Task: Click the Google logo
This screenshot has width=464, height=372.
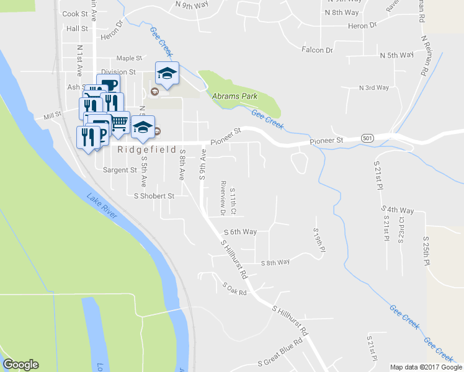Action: tap(20, 365)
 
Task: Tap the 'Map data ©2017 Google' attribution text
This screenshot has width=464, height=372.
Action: tap(426, 367)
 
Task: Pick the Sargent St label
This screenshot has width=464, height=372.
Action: tap(120, 169)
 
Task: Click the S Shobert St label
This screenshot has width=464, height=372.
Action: tap(154, 196)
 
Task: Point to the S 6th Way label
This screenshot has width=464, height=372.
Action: tap(239, 232)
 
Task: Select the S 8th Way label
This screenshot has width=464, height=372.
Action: tap(275, 262)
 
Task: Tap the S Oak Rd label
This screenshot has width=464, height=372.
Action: tap(234, 288)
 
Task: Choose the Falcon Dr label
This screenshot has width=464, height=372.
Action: tap(317, 50)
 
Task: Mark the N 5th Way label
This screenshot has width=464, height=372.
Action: tap(396, 55)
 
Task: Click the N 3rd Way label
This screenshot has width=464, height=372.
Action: tap(374, 87)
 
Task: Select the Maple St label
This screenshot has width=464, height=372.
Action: tap(130, 58)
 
